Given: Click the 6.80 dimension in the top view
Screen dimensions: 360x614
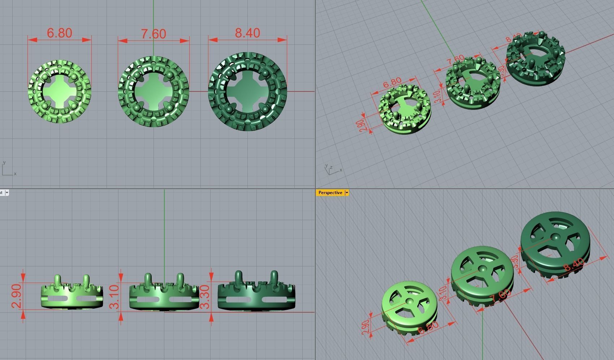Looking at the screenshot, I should point(60,33).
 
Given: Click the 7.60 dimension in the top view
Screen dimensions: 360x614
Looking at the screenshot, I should point(153,34).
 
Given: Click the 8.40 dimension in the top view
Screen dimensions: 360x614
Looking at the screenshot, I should point(247,33).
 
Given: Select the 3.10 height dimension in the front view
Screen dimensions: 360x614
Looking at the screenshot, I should point(114,297).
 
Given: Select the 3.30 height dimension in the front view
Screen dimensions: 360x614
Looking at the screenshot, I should point(204,297).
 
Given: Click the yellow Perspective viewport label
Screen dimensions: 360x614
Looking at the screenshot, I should point(330,193).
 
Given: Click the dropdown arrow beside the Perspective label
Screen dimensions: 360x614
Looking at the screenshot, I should point(347,193).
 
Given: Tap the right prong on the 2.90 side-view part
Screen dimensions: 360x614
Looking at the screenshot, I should point(86,280).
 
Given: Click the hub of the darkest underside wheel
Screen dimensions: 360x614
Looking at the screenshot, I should point(555,237).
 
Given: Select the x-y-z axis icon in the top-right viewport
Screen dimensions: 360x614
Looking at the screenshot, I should point(332,169).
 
